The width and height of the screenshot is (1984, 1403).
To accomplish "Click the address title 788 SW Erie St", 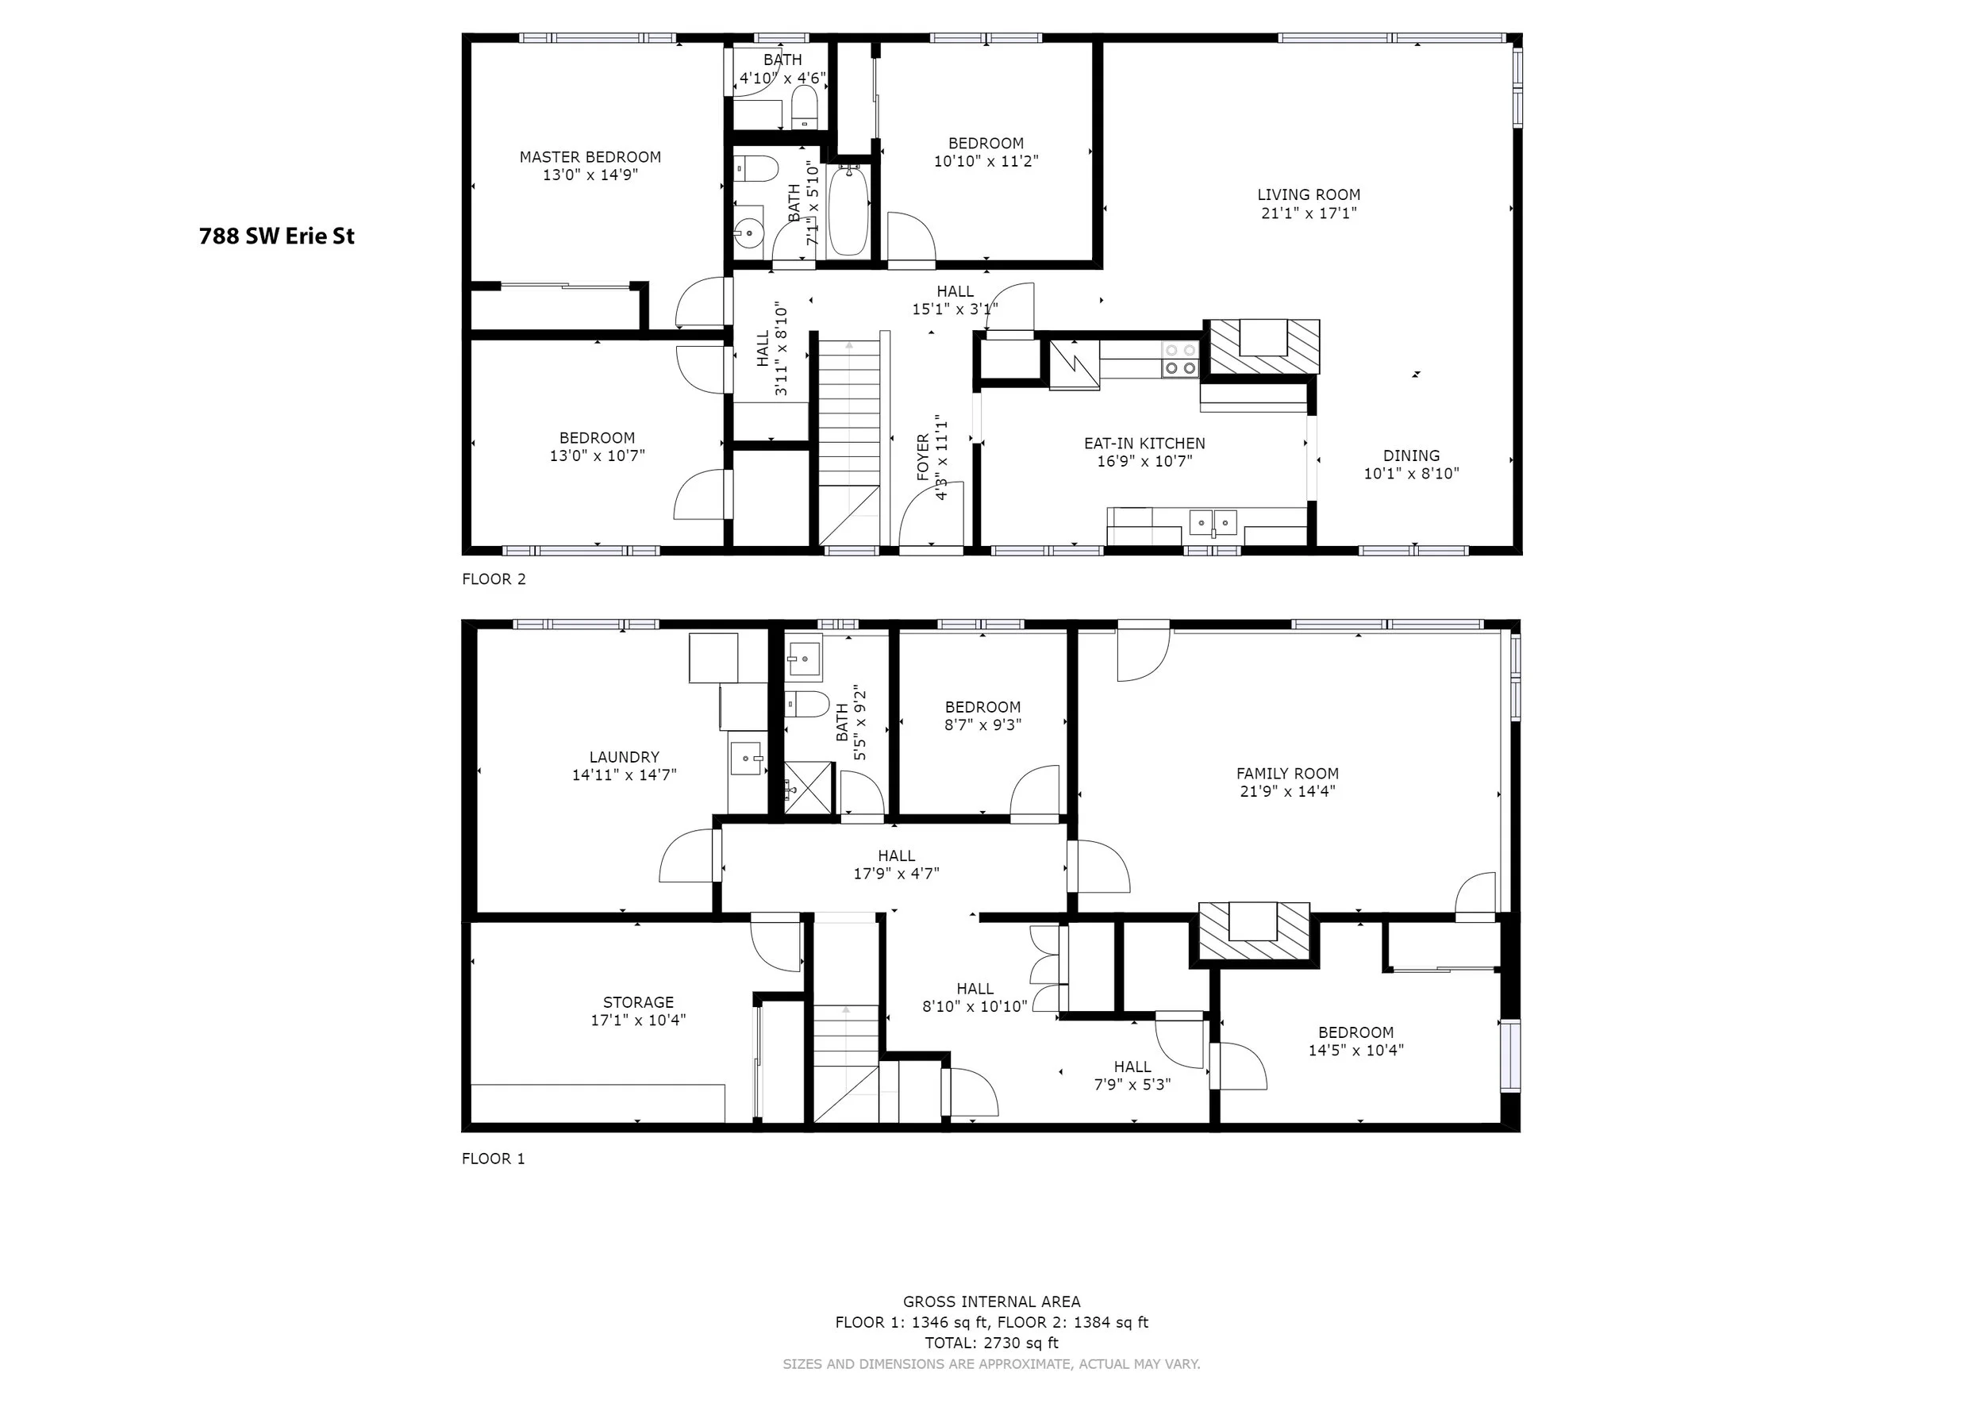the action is (276, 236).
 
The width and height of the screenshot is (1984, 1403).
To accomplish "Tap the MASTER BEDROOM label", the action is (590, 157).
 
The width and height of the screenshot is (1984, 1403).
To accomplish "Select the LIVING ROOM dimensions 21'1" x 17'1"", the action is (1309, 213).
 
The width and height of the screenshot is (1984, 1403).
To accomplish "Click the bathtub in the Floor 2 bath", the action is (848, 211).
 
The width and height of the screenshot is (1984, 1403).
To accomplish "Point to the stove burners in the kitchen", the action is (1179, 359).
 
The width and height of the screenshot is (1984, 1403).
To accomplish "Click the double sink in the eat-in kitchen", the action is (1213, 523).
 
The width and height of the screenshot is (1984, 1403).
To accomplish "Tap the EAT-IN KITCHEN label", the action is (1145, 443).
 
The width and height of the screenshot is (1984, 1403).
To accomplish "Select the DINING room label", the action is (1411, 456).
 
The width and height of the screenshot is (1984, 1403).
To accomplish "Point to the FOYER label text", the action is (923, 456).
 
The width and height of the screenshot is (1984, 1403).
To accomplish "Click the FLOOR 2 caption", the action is (494, 578).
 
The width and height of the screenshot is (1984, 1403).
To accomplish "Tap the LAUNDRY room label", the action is (624, 758).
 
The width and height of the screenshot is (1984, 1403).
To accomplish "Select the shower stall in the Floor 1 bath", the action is (809, 787).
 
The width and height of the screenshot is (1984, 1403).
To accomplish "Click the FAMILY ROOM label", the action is (1287, 774).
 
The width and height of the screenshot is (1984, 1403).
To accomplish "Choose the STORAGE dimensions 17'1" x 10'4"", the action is (639, 1021).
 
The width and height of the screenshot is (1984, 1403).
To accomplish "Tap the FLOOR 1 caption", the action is (494, 1159).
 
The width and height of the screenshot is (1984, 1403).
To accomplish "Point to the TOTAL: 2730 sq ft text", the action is (992, 1343).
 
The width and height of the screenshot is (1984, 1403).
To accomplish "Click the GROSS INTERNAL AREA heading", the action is (992, 1301).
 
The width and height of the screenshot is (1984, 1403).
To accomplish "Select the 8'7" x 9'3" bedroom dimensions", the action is (983, 725).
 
